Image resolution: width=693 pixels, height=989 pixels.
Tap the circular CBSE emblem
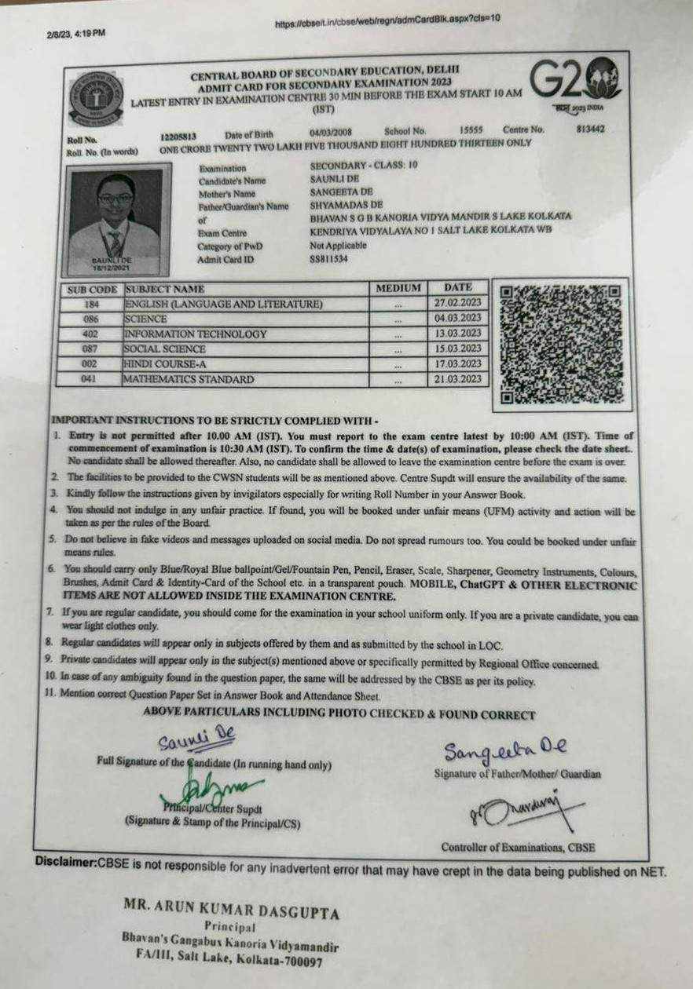[96, 98]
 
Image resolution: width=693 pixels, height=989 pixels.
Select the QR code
[561, 344]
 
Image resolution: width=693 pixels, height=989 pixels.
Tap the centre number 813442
[590, 129]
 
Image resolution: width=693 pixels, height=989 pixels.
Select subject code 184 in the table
[91, 304]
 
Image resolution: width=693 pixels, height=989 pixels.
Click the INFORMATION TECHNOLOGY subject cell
[196, 334]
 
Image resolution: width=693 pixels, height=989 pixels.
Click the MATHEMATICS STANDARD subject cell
[189, 379]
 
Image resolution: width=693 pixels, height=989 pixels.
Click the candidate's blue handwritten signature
[196, 738]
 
